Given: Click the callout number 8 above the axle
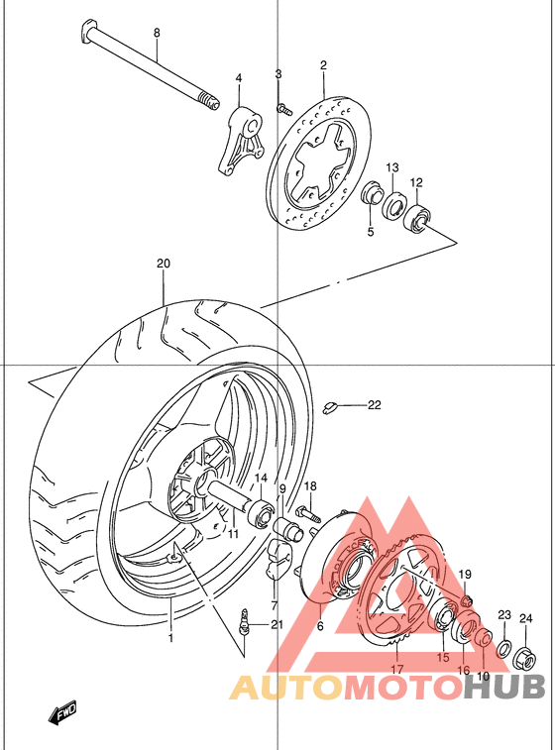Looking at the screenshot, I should click(x=156, y=33).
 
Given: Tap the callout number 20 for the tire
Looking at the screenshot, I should click(x=164, y=265).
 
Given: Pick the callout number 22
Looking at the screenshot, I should click(x=374, y=404).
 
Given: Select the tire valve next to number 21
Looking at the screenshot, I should click(x=243, y=623).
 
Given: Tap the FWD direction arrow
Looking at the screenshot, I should click(x=65, y=711).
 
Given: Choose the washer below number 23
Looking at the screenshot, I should click(x=503, y=649).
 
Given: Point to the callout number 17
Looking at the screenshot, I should click(x=396, y=669).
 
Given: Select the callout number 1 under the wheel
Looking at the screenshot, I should click(x=169, y=638).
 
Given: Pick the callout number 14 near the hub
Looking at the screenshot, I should click(x=260, y=479).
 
